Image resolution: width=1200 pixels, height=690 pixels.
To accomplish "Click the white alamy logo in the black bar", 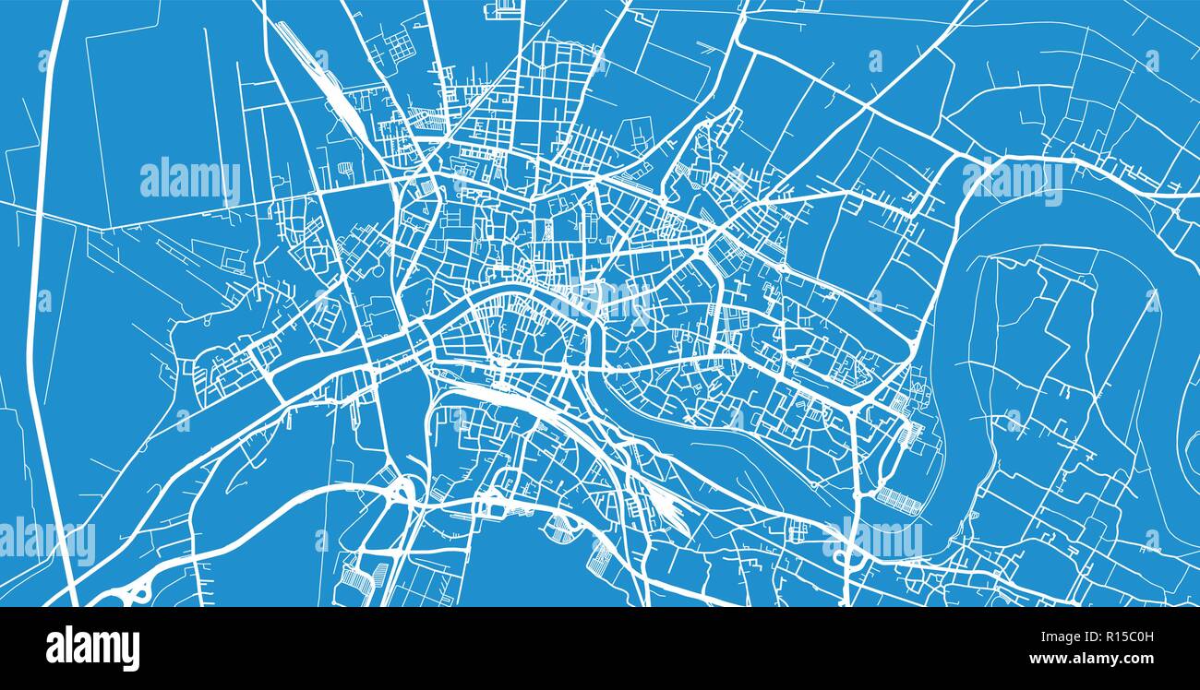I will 92,648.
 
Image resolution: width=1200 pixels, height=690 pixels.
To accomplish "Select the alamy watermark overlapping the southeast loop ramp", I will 871,539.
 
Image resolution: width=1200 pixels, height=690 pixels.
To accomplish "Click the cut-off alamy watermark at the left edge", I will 46,541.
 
